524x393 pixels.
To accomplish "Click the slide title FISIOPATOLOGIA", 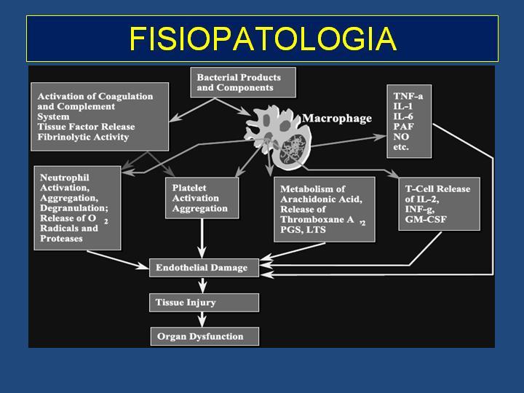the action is (x=263, y=39).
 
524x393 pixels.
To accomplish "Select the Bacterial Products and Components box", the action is (x=243, y=82).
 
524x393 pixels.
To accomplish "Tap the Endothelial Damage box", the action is (x=204, y=268).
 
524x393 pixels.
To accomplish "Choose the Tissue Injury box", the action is (x=204, y=303).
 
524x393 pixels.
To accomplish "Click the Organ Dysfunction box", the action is (x=205, y=336).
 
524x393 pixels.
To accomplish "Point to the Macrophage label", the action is (x=337, y=119).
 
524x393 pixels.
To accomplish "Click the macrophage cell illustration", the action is (x=278, y=136).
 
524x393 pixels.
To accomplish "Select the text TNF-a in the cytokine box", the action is (x=408, y=96).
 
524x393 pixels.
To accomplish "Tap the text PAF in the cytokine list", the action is (x=403, y=127).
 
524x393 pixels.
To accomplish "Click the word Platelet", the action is (x=189, y=188).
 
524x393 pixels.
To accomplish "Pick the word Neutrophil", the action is (x=65, y=178).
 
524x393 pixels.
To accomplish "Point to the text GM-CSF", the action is (x=426, y=220).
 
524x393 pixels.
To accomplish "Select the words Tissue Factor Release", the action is (x=86, y=127).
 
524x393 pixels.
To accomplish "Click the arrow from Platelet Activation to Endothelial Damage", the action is (x=202, y=239).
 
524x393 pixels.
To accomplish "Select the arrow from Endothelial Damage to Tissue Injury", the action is (x=202, y=285).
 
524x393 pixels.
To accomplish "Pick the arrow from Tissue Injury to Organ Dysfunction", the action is (x=202, y=319).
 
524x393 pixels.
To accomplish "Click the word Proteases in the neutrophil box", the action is (x=61, y=239).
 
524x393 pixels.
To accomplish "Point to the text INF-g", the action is (x=420, y=210).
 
